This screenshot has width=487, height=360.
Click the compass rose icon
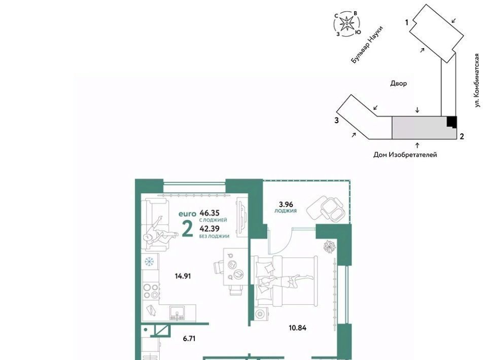(346, 23)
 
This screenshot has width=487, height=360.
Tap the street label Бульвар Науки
(367, 45)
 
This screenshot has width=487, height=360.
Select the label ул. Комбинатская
(477, 81)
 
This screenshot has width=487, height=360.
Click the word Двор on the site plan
(399, 83)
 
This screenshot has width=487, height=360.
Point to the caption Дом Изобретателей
(405, 155)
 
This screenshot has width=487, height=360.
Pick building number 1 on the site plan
(406, 22)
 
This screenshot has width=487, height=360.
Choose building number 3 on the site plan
(336, 120)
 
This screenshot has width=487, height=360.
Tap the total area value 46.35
(210, 213)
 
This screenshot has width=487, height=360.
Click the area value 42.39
(210, 229)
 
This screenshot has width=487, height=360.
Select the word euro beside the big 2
(187, 214)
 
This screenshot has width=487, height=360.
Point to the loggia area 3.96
(286, 204)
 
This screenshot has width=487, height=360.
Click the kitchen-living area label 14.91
(183, 276)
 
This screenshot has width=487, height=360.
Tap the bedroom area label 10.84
(298, 328)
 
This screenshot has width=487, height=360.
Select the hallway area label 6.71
(189, 339)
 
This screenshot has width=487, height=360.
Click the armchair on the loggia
(325, 208)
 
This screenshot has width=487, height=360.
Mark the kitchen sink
(177, 313)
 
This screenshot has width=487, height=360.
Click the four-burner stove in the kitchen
(151, 291)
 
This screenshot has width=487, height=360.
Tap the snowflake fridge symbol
(149, 262)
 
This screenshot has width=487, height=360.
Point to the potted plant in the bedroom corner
(330, 247)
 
